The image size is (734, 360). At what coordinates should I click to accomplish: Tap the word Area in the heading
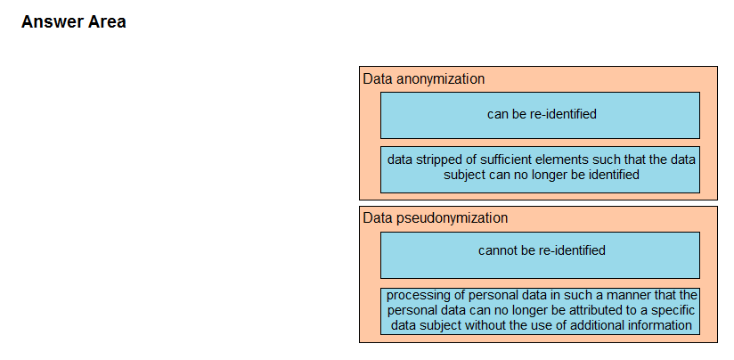coord(109,22)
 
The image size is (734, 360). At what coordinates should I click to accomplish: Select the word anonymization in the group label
coord(441,79)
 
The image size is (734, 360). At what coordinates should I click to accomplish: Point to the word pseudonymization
coord(453,218)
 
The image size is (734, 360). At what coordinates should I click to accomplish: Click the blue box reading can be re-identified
coord(540,115)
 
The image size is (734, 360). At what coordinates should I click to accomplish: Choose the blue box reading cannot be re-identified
coord(540,255)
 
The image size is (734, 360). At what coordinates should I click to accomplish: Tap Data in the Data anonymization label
coord(379,79)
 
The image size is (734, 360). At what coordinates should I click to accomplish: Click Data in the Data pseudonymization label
coord(379,218)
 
